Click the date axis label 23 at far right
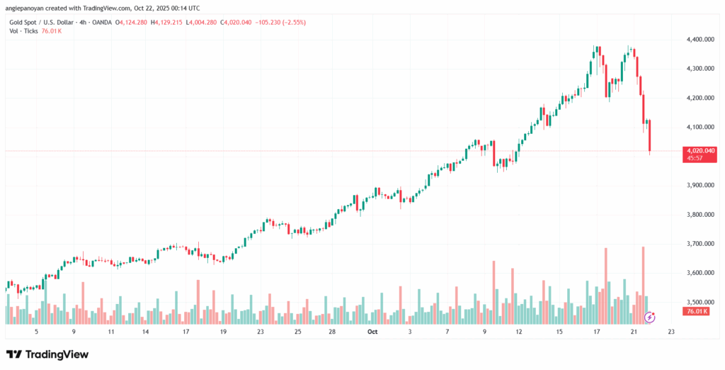tap(671, 331)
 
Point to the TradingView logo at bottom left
tap(47, 354)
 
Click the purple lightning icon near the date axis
tap(650, 317)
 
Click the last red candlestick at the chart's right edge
tap(650, 135)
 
